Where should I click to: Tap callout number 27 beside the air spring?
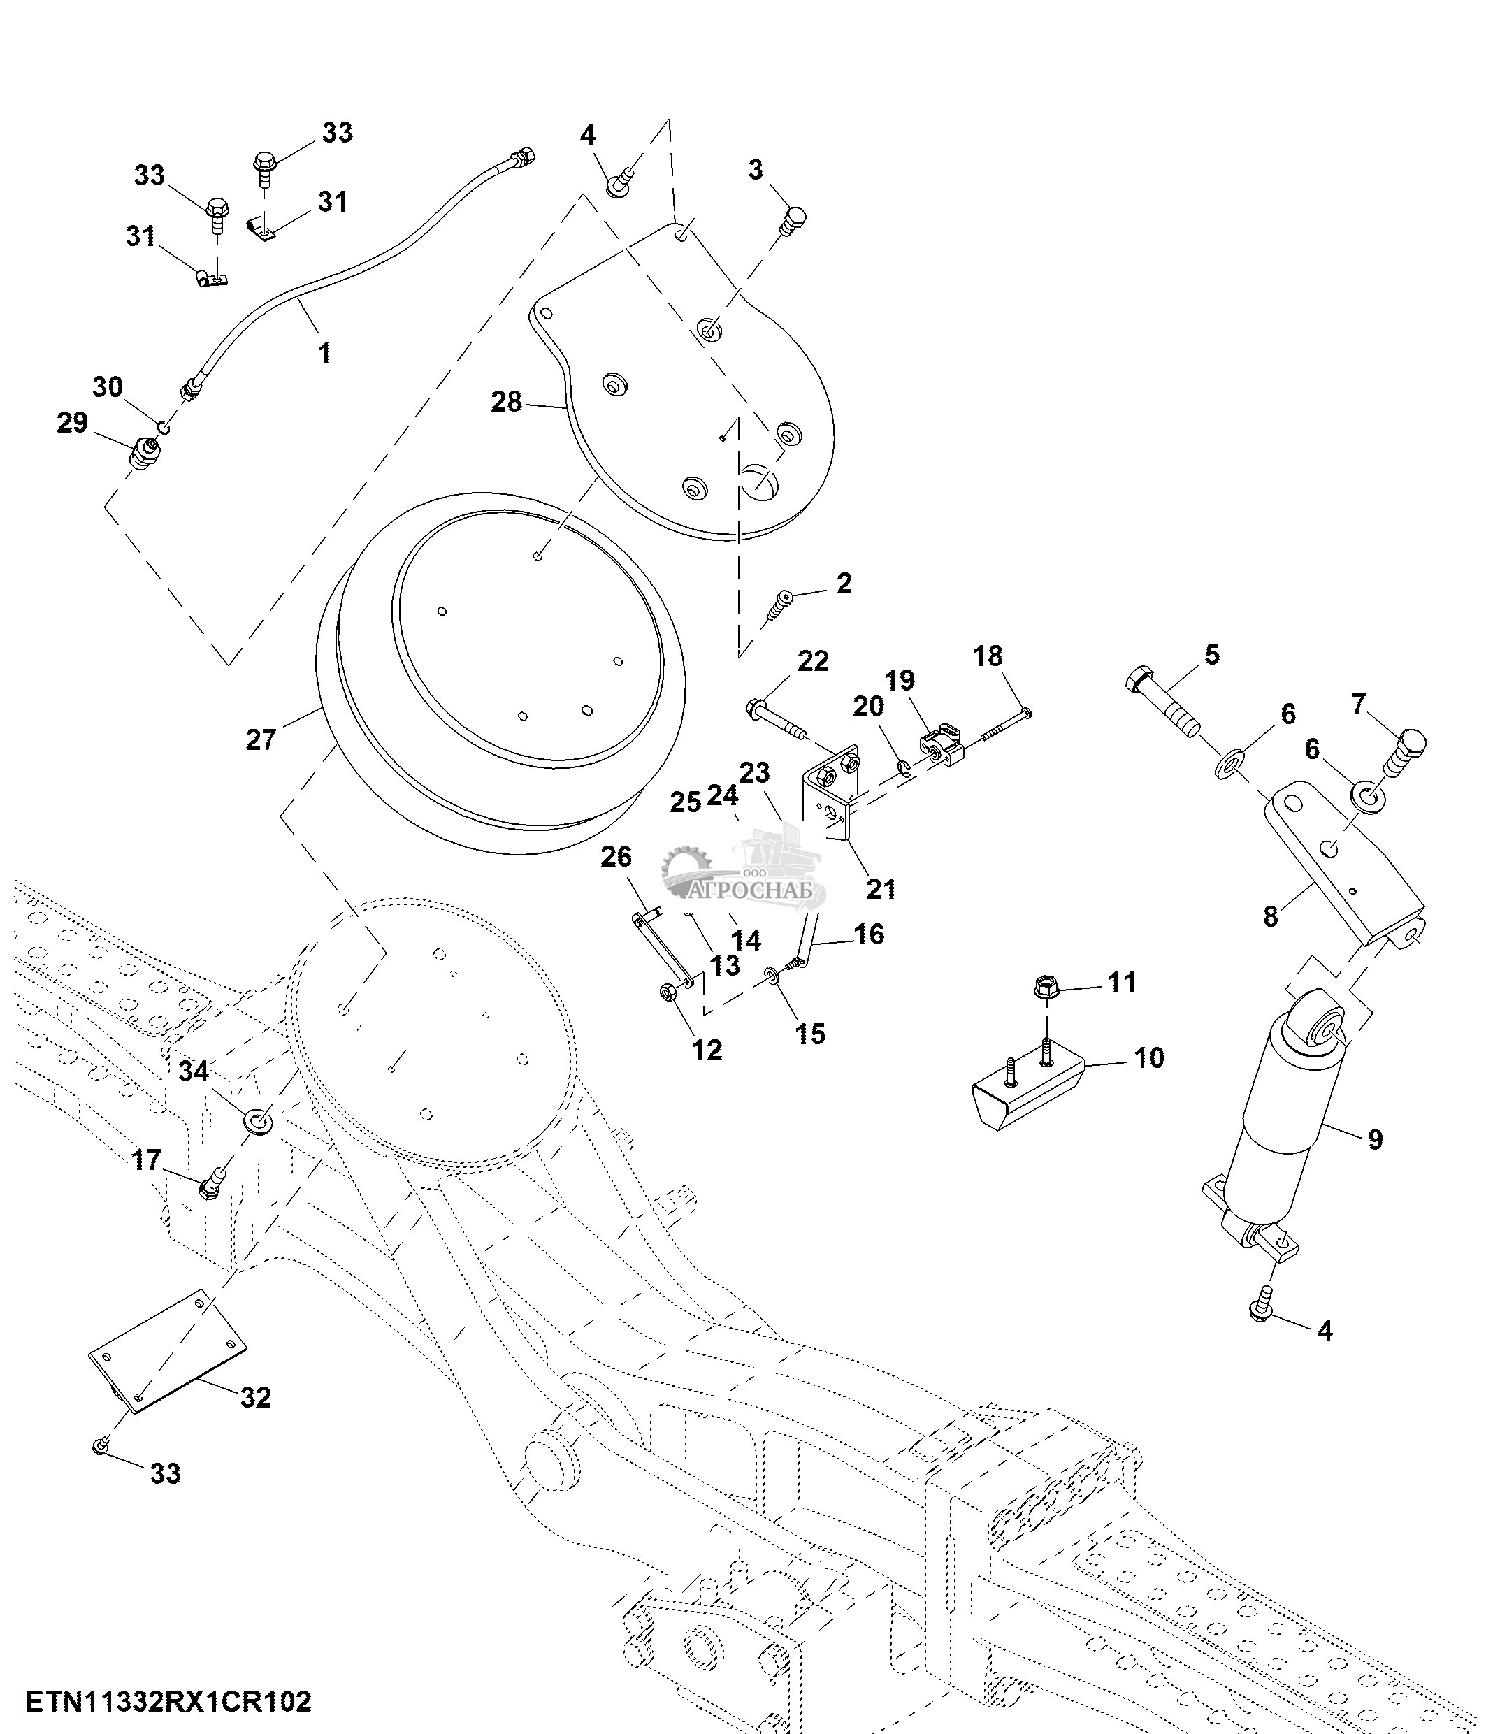click(x=260, y=739)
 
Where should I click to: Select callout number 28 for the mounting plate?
click(x=506, y=402)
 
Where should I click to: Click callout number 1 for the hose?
click(x=324, y=353)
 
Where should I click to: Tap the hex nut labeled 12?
click(x=668, y=992)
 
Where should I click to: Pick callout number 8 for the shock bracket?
click(x=1270, y=916)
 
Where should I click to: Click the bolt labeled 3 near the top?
click(x=793, y=221)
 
